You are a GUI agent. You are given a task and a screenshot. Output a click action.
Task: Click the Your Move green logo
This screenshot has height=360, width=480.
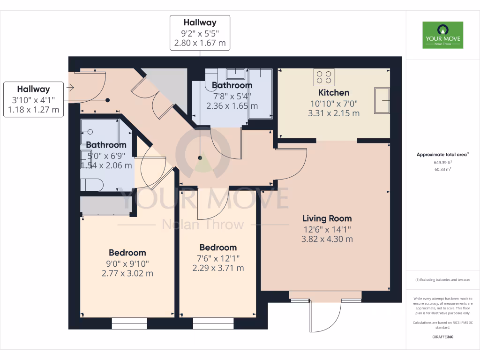pyautogui.click(x=442, y=35)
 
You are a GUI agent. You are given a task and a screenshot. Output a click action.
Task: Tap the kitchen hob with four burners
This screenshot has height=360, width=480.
pyautogui.click(x=324, y=77)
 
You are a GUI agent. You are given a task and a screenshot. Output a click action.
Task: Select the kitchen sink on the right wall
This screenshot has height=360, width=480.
pyautogui.click(x=382, y=100)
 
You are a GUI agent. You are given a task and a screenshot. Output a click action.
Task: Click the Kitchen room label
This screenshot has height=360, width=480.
pyautogui.click(x=334, y=92)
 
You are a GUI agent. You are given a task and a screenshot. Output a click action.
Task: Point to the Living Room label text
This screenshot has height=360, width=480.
pyautogui.click(x=327, y=218)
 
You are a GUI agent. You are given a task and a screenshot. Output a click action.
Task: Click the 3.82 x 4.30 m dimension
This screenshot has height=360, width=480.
pyautogui.click(x=327, y=239)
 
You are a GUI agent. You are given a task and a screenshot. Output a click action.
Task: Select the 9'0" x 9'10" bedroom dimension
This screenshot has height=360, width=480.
pyautogui.click(x=127, y=263)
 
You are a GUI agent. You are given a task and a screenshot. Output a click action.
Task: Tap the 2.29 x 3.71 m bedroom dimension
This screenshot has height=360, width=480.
pyautogui.click(x=218, y=268)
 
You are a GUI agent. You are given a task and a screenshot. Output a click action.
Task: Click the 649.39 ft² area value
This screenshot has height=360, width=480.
pyautogui.click(x=443, y=163)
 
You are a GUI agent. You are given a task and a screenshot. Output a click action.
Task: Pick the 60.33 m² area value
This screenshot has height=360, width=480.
pyautogui.click(x=443, y=169)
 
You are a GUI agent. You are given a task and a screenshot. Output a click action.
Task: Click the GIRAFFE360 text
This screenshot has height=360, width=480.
pyautogui.click(x=443, y=337)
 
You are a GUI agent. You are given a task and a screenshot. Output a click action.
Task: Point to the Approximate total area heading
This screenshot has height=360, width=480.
pyautogui.click(x=443, y=155)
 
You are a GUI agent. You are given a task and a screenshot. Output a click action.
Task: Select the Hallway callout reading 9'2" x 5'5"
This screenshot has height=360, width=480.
pyautogui.click(x=200, y=33)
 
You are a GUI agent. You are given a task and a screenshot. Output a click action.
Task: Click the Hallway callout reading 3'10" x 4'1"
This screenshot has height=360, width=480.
pyautogui.click(x=34, y=99)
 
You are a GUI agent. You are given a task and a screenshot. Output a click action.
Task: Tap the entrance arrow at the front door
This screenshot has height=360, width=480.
pyautogui.click(x=71, y=87)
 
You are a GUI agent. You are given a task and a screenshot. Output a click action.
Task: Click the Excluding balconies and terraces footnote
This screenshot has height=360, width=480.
pyautogui.click(x=443, y=280)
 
